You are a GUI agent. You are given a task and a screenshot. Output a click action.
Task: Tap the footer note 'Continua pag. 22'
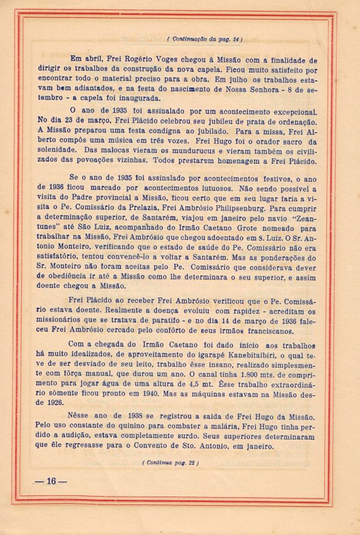(x=171, y=462)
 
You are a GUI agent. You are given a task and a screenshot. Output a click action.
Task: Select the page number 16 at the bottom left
(x=50, y=481)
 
